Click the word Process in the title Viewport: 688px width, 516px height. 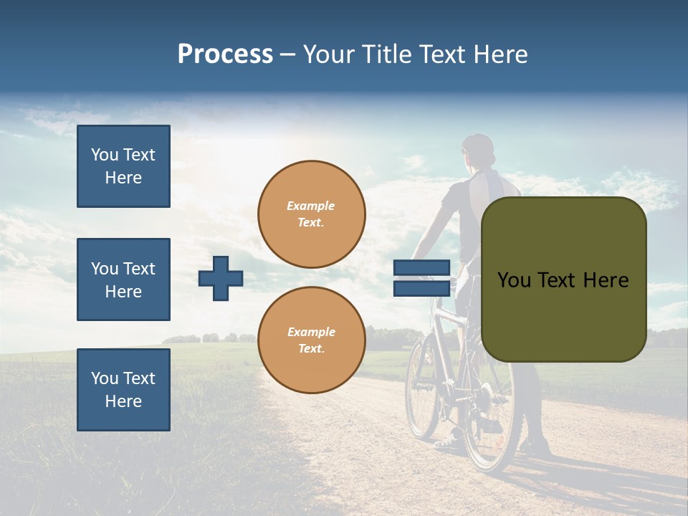tap(225, 54)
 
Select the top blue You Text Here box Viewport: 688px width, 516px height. tap(123, 166)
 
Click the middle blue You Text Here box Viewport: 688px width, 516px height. tap(123, 279)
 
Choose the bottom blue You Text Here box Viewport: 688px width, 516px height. tap(123, 389)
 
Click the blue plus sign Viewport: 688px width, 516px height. tap(221, 277)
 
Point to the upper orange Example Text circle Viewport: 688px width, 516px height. tap(312, 214)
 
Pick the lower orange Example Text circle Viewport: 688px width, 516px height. tap(312, 340)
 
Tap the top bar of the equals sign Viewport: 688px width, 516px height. tap(421, 268)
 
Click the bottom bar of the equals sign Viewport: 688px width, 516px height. tap(421, 288)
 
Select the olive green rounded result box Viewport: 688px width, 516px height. tap(563, 279)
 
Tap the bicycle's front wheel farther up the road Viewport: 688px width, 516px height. tap(422, 387)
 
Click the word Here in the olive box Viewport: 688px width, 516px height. tap(606, 280)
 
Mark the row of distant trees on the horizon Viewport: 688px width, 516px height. tap(208, 338)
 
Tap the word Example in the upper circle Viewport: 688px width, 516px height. tap(310, 206)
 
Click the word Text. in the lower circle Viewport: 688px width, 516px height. tap(311, 349)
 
